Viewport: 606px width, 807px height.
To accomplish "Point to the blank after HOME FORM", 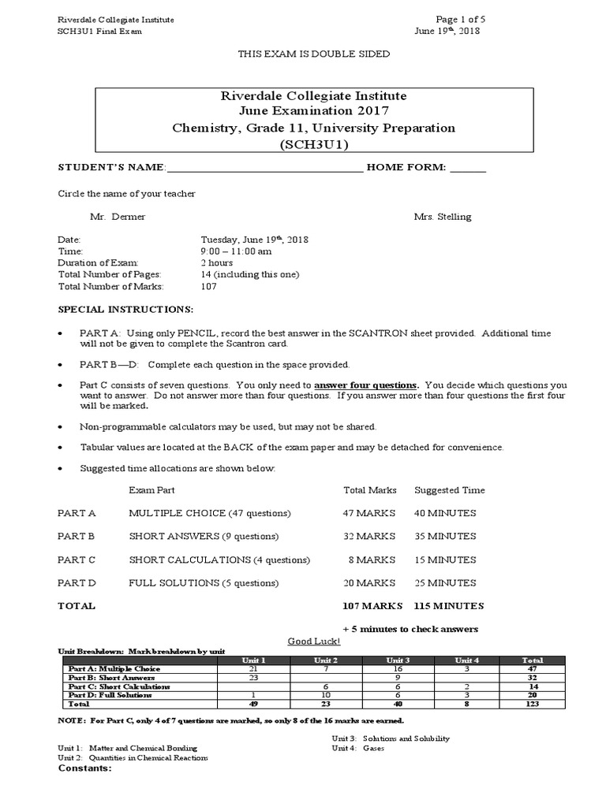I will pyautogui.click(x=469, y=168).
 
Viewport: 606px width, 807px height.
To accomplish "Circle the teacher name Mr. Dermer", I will pyautogui.click(x=118, y=217).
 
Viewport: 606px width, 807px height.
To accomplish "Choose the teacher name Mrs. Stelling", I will pyautogui.click(x=443, y=217).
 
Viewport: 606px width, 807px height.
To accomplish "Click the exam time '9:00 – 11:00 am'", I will pyautogui.click(x=236, y=251).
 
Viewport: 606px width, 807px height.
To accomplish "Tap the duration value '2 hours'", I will pyautogui.click(x=217, y=262).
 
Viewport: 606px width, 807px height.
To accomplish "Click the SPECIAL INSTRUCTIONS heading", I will pyautogui.click(x=125, y=310).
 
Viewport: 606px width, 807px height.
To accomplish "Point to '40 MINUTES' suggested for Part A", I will pyautogui.click(x=445, y=513).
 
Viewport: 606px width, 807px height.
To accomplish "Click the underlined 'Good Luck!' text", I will pyautogui.click(x=313, y=642).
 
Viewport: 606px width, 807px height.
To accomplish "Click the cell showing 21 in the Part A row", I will pyautogui.click(x=253, y=669).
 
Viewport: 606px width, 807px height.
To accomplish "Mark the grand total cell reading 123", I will pyautogui.click(x=532, y=704).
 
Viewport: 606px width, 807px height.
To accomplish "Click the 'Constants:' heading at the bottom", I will pyautogui.click(x=85, y=768).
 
